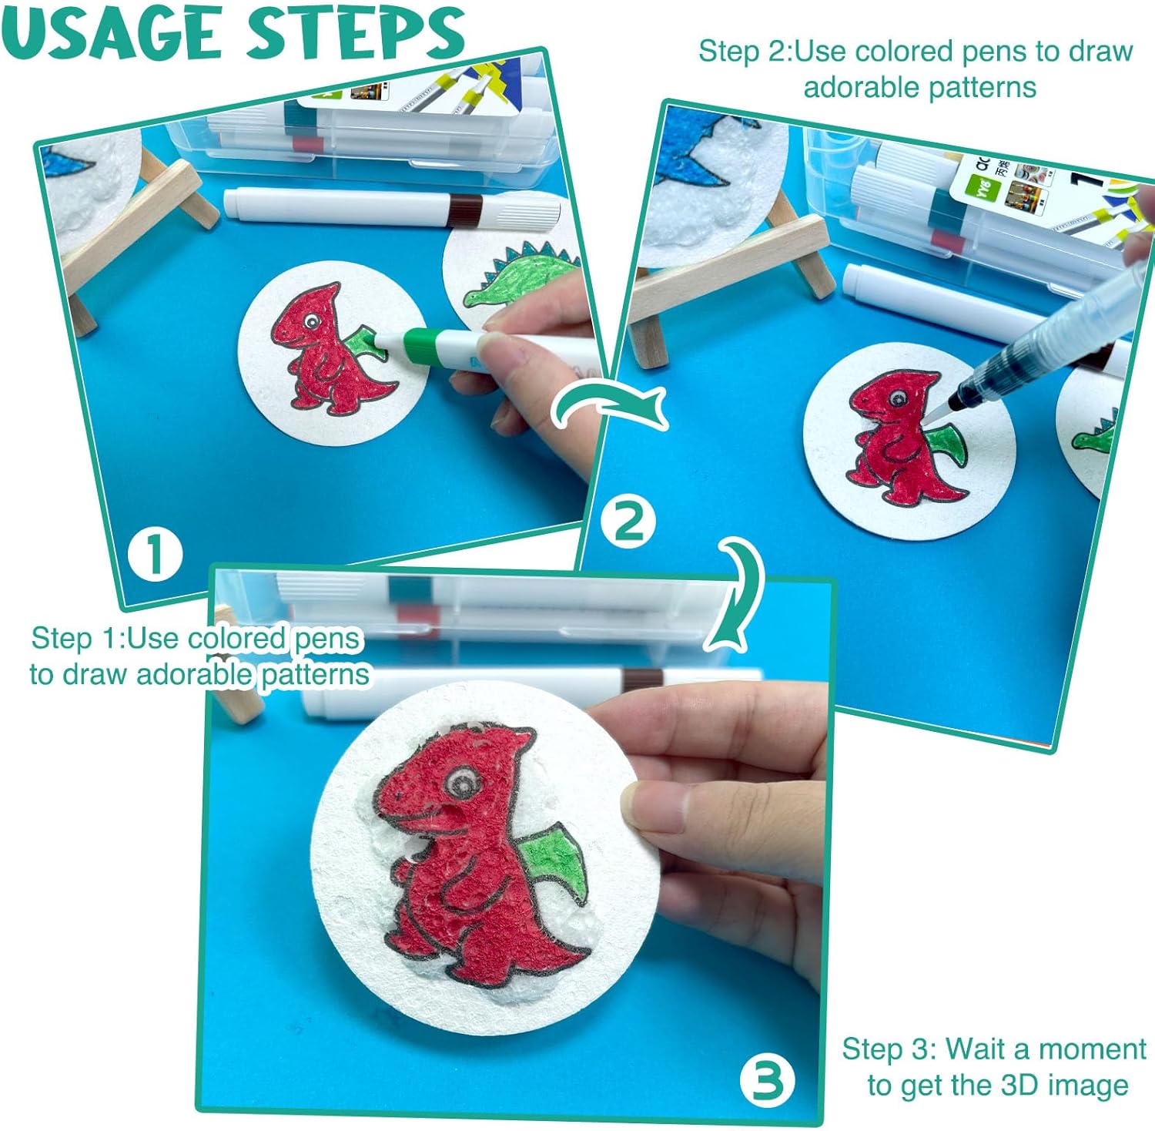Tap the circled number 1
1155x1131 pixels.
click(156, 554)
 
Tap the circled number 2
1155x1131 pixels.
click(629, 522)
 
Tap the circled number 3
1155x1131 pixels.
click(768, 1080)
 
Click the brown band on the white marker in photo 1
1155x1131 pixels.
click(465, 207)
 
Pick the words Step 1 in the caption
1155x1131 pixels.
click(75, 639)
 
